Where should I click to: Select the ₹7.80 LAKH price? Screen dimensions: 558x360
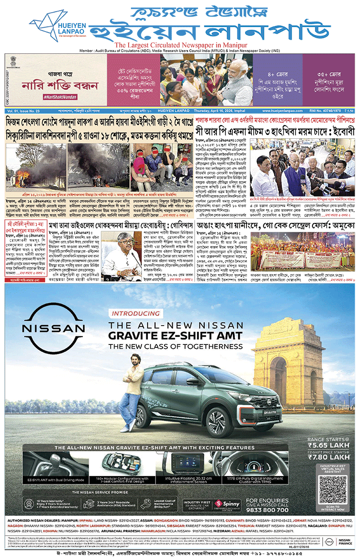[x=329, y=457]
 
